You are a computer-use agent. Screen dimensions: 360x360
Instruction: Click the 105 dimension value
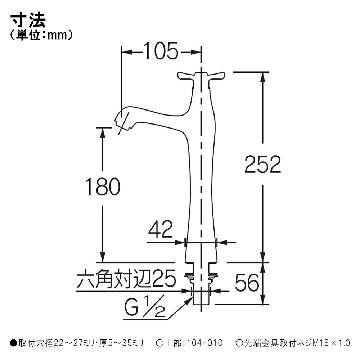[161, 51]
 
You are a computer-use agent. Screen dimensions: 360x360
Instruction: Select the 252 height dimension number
[263, 164]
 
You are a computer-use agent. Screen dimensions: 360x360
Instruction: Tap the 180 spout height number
[103, 186]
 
